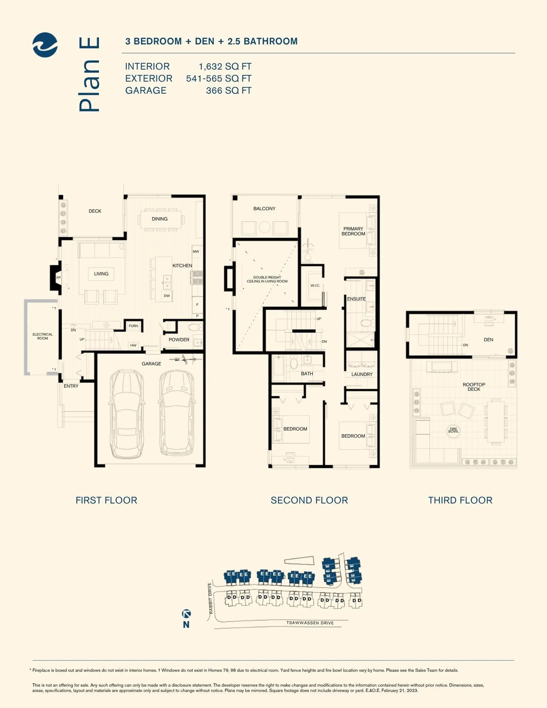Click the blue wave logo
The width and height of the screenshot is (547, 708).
pyautogui.click(x=45, y=45)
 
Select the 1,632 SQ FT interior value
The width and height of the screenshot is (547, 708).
pyautogui.click(x=225, y=66)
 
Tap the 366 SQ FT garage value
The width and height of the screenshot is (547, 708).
pyautogui.click(x=228, y=90)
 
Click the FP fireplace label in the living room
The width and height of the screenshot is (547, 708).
pyautogui.click(x=59, y=278)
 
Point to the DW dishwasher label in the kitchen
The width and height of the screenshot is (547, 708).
pyautogui.click(x=167, y=296)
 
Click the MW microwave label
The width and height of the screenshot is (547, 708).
pyautogui.click(x=196, y=252)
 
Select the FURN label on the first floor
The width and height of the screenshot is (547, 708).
pyautogui.click(x=133, y=326)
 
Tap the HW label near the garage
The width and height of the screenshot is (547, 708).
pyautogui.click(x=133, y=345)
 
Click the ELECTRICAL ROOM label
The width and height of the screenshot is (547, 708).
pyautogui.click(x=42, y=336)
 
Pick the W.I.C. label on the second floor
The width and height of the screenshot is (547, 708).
pyautogui.click(x=315, y=286)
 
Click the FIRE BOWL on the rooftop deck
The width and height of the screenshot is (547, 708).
pyautogui.click(x=453, y=430)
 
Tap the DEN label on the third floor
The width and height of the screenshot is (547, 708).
pyautogui.click(x=488, y=340)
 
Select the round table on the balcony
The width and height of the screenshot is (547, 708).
pyautogui.click(x=265, y=227)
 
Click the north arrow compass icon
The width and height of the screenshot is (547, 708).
pyautogui.click(x=186, y=613)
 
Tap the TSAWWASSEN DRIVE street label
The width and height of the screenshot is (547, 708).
pyautogui.click(x=310, y=623)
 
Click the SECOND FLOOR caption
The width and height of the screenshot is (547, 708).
pyautogui.click(x=309, y=500)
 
